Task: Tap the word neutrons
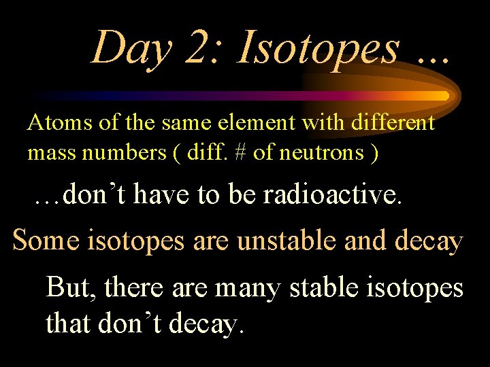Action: (320, 153)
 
